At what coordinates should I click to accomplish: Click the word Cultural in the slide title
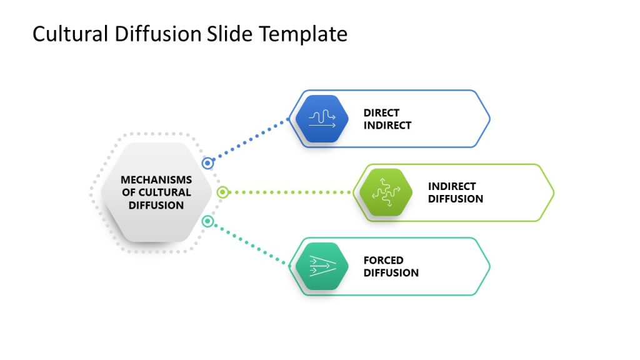tap(71, 34)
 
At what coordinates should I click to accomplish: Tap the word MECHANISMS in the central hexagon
tap(156, 180)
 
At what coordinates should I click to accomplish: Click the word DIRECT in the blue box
tap(381, 113)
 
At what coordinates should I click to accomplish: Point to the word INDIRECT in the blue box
tap(387, 125)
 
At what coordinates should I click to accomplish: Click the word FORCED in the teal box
tap(384, 260)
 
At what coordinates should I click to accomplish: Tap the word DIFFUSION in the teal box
tap(391, 272)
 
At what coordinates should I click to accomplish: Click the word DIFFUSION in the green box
tap(456, 199)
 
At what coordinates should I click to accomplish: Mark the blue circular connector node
tap(208, 163)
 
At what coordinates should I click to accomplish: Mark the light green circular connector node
tap(222, 192)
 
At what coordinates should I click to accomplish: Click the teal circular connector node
tap(208, 221)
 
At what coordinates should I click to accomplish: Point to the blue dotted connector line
tap(250, 141)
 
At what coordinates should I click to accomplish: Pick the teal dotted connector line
tap(250, 244)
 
